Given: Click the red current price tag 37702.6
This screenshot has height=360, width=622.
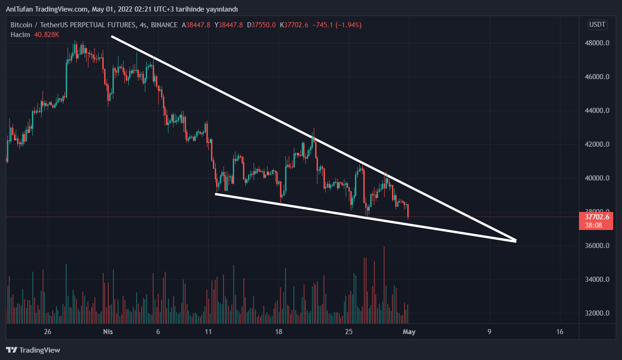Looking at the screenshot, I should click(597, 217).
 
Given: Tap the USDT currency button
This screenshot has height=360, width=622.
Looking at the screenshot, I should click(597, 25).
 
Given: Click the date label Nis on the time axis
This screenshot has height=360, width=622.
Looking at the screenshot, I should click(108, 332).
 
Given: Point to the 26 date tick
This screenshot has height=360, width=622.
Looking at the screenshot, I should click(47, 332).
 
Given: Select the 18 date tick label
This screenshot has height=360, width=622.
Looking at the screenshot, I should click(279, 332).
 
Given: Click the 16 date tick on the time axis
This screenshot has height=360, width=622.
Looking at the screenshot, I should click(560, 332).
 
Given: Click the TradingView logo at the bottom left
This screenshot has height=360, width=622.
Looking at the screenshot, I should click(33, 350).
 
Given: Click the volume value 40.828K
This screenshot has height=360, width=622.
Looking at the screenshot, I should click(46, 35).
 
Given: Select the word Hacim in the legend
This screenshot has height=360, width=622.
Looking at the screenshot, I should click(20, 35).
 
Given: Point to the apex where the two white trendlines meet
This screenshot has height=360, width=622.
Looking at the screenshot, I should click(516, 241).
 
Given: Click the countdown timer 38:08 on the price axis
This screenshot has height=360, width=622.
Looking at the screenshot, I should click(593, 225).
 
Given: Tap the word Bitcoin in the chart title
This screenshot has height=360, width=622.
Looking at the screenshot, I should click(21, 25).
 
